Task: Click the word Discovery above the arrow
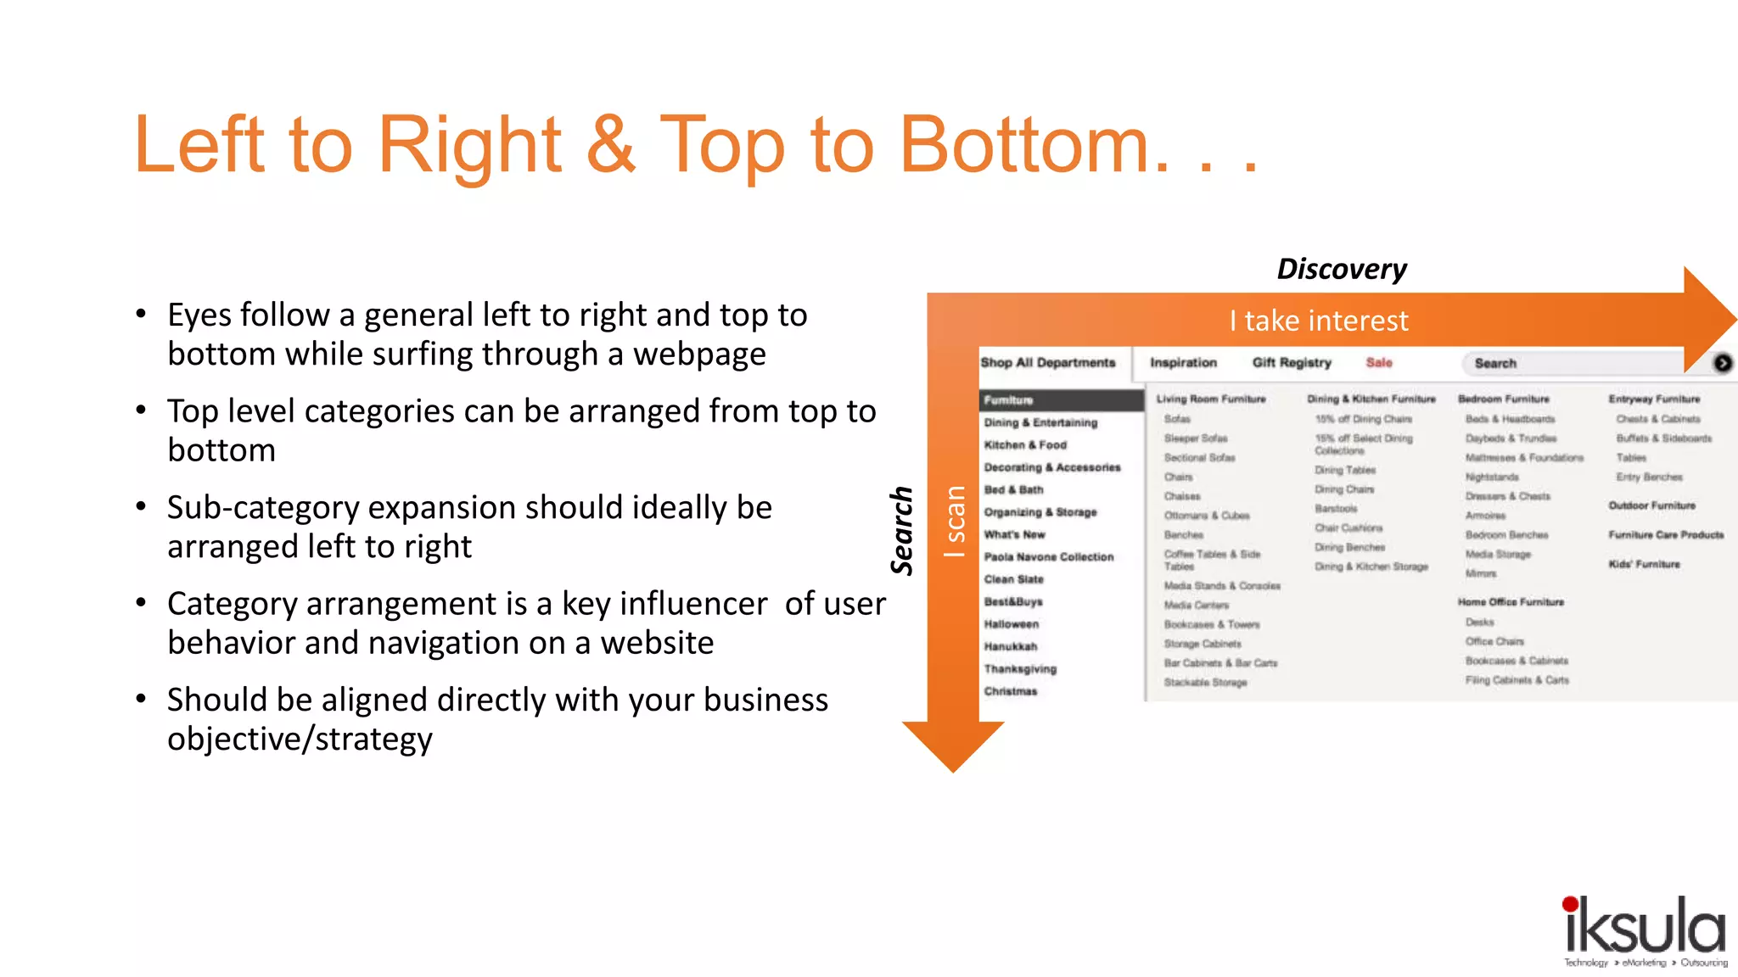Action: coord(1341,269)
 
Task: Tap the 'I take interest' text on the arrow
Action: coord(1318,321)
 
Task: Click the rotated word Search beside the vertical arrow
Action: coord(902,531)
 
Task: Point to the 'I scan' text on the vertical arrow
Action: coord(955,521)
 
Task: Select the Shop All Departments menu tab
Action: coord(1048,363)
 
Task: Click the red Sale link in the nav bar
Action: coord(1379,363)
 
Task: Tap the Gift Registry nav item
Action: coord(1292,363)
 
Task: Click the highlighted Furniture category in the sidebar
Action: coord(1010,400)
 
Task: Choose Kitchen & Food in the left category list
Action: coord(1025,445)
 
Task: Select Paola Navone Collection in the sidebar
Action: coord(1048,557)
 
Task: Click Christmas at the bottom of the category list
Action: coord(1011,691)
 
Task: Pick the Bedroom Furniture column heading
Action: coord(1503,399)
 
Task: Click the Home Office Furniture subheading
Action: coord(1511,602)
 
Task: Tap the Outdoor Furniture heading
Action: coord(1651,505)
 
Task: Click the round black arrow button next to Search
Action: coord(1722,363)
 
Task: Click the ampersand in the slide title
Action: coord(610,145)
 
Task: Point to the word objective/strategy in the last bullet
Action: coord(300,739)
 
